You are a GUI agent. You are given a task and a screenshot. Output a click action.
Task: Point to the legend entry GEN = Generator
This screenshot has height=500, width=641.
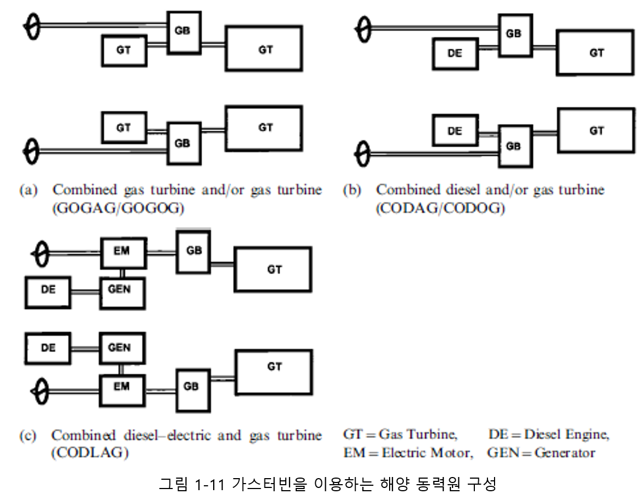coord(541,453)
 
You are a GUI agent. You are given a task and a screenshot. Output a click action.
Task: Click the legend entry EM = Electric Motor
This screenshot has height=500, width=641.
coord(407,453)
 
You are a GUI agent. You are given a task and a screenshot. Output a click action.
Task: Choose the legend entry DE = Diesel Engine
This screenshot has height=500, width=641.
coord(549,435)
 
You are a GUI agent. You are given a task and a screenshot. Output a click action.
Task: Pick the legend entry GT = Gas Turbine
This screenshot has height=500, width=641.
coord(400,435)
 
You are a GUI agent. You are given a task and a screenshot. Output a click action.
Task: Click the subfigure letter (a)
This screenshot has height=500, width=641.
coord(28,191)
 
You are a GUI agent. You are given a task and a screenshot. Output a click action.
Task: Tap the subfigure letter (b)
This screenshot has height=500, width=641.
coord(352,191)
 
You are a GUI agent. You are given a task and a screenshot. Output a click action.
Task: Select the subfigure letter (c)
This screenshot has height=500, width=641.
coord(28,436)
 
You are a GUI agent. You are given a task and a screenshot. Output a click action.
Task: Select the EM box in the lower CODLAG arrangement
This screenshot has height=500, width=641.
coord(122,387)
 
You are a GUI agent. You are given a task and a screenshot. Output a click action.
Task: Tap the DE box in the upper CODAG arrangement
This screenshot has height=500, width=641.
coord(455,54)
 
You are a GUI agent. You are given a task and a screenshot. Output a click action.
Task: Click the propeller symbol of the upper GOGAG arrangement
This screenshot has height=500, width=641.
coord(32,25)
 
